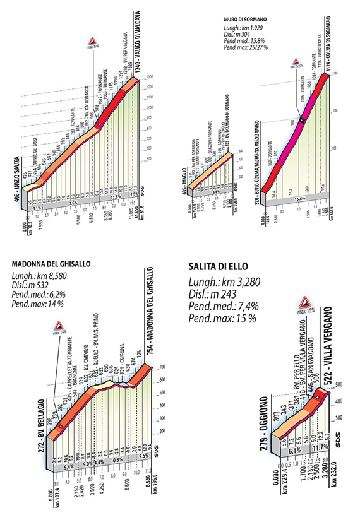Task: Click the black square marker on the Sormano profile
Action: pyautogui.click(x=303, y=121)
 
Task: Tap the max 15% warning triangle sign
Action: pyautogui.click(x=306, y=301)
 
